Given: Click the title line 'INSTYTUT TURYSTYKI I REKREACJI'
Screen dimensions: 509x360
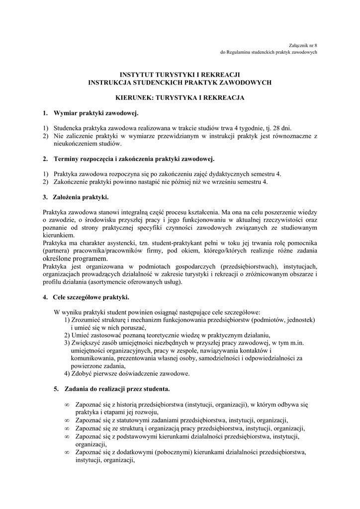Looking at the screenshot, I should click(180, 75).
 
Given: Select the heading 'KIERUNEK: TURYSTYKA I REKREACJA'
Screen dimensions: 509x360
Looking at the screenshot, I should click(180, 98).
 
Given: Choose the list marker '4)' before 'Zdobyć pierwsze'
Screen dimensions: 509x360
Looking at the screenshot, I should click(67, 374).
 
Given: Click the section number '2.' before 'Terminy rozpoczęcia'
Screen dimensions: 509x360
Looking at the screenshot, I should click(45, 159).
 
